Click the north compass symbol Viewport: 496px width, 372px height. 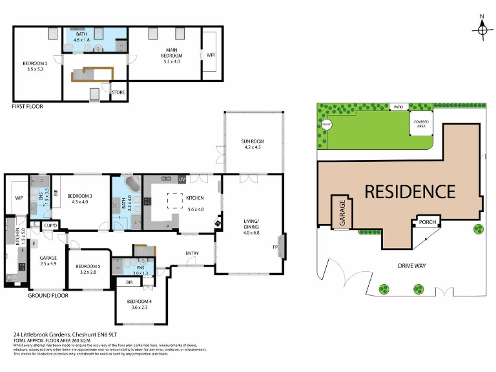[x=482, y=29]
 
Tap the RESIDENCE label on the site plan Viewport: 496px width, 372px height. [x=409, y=191]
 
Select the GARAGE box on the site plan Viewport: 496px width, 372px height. [x=341, y=213]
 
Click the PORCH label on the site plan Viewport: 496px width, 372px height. [x=428, y=223]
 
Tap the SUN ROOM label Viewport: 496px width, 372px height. [x=253, y=145]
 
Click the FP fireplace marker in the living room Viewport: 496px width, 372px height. [x=276, y=247]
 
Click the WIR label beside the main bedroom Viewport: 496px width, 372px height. [x=210, y=56]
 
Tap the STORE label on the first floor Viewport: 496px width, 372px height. [x=118, y=93]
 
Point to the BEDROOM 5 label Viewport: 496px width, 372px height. [x=88, y=269]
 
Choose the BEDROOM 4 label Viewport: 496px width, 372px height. [x=139, y=305]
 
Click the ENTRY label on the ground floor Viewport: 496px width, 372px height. [x=192, y=253]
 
